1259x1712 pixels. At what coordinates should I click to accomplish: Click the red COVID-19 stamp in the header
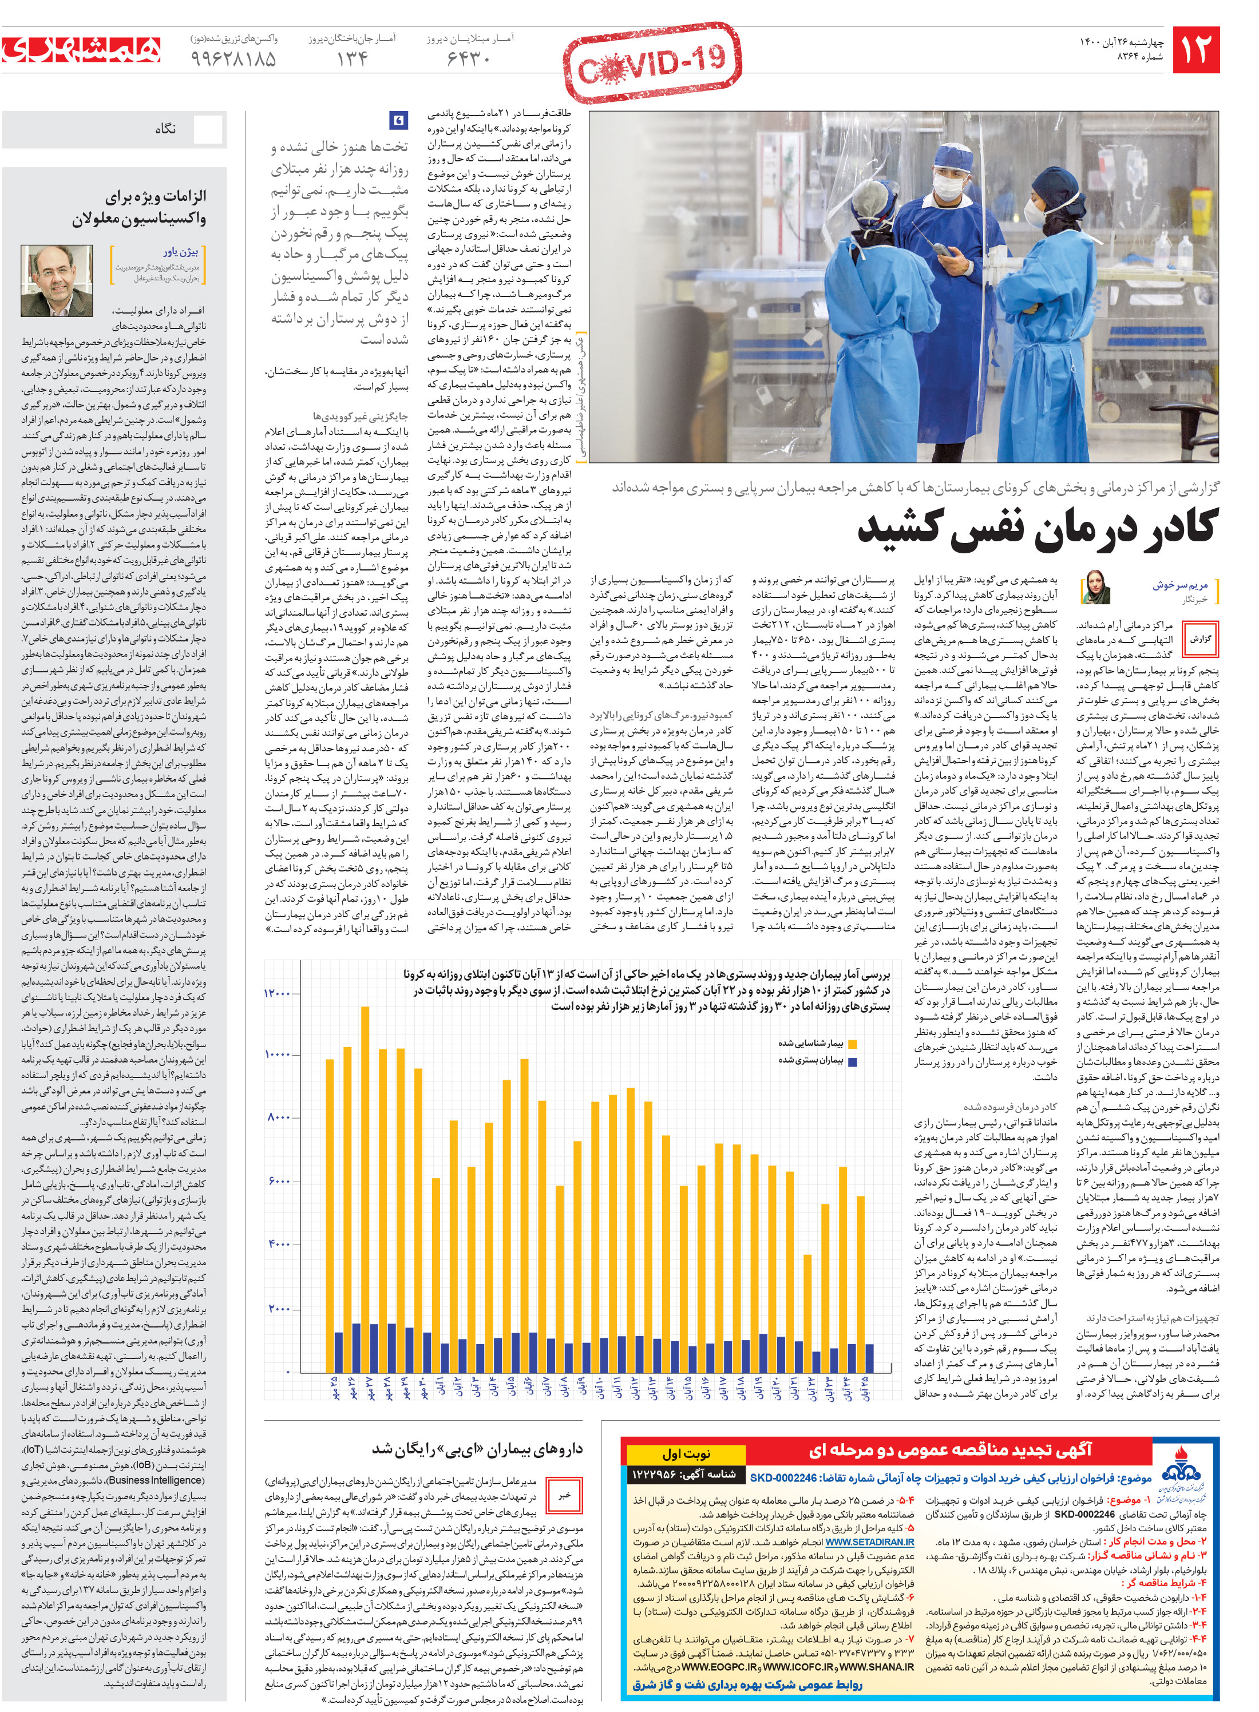[652, 64]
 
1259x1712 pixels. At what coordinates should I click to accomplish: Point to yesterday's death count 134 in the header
[352, 59]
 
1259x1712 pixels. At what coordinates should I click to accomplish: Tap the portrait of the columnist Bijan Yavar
[57, 280]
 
